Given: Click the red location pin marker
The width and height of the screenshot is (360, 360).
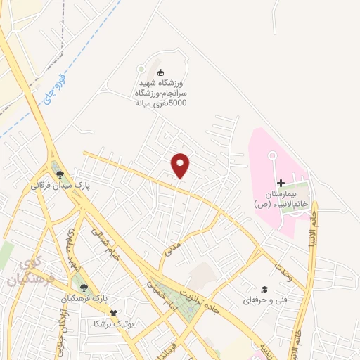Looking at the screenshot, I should point(181,165).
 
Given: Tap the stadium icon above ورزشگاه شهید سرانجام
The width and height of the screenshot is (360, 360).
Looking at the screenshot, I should point(160,72).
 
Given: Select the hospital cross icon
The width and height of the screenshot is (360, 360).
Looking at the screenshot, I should point(281,182).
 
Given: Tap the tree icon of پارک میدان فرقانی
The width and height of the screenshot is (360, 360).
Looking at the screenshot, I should point(60,174).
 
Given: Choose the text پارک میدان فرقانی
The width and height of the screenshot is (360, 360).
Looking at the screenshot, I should point(57,188).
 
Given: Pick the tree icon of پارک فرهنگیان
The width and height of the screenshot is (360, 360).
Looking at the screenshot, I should point(84,287).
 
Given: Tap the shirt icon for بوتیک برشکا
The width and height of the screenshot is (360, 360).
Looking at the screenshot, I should point(114,313).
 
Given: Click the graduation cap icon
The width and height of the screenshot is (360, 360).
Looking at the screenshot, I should point(264,288).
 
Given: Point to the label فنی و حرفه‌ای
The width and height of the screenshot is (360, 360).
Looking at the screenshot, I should point(266,300).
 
